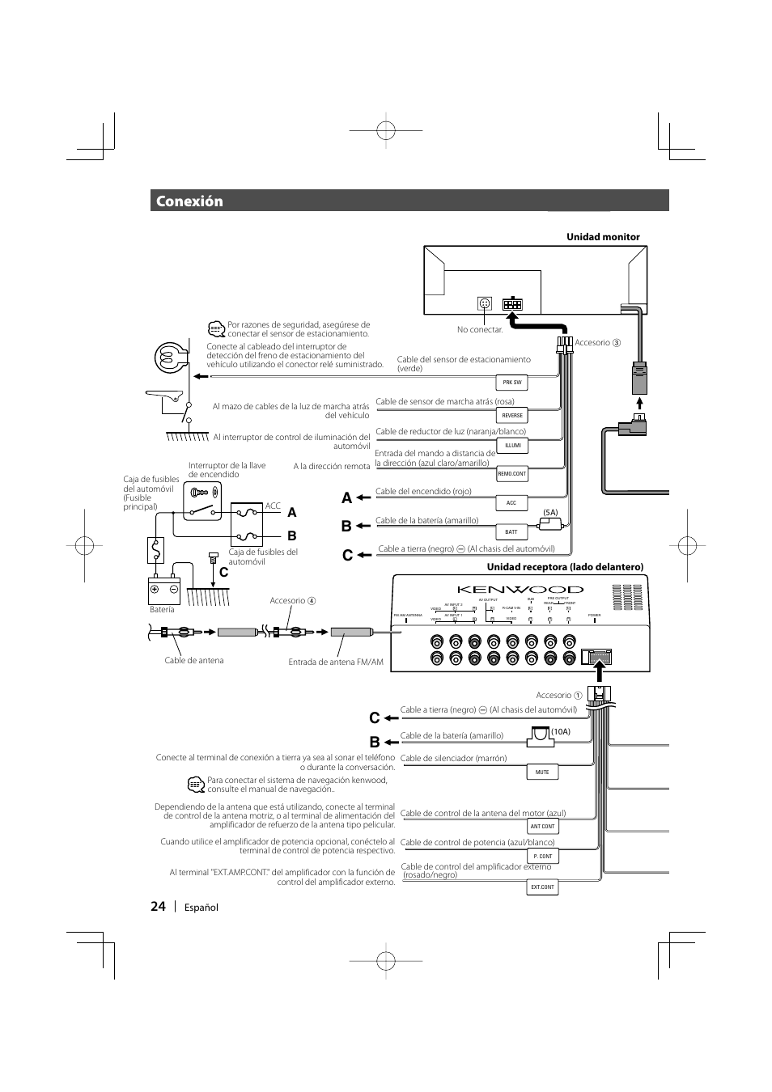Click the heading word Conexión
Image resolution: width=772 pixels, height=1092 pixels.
tap(189, 201)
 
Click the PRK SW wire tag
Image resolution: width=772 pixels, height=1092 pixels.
tap(512, 382)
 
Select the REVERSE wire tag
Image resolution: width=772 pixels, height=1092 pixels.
tap(512, 416)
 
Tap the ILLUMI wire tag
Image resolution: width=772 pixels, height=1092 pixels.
tap(512, 446)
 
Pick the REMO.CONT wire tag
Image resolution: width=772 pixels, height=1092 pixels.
tap(512, 474)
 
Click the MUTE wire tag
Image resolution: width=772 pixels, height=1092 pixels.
tap(542, 772)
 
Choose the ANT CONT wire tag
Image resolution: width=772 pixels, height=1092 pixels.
tap(542, 827)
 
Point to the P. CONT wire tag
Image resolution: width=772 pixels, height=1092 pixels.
tap(542, 856)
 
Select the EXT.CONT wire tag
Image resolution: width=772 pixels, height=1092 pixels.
tap(542, 887)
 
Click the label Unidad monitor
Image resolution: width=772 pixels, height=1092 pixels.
tap(603, 237)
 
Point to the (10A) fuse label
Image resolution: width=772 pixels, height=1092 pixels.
tap(561, 732)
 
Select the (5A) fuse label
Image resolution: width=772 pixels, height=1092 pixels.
tap(550, 513)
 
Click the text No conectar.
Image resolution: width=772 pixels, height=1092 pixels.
tap(480, 330)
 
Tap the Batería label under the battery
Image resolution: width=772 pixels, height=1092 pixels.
tap(162, 609)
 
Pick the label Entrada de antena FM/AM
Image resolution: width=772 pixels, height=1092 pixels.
tap(336, 662)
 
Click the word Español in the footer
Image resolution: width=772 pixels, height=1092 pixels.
tap(199, 907)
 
